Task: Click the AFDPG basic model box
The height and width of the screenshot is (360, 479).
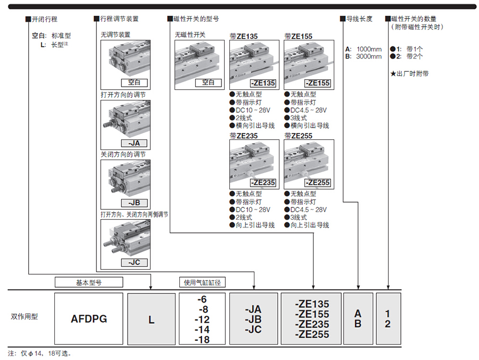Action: [x=89, y=319]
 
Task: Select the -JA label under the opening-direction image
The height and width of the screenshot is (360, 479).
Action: [x=134, y=143]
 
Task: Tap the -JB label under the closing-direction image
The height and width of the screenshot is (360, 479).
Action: [x=134, y=203]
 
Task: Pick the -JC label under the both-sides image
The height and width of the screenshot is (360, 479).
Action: [x=134, y=263]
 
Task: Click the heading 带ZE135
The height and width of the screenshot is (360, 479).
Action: [x=244, y=37]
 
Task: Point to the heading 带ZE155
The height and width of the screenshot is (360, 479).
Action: [x=299, y=37]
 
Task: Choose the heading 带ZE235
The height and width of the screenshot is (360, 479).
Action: [x=244, y=135]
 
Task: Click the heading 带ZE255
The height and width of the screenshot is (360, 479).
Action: [x=299, y=135]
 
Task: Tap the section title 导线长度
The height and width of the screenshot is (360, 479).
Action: [x=360, y=19]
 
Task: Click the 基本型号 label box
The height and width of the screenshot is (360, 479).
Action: [x=89, y=282]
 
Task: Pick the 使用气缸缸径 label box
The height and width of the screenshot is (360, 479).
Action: [x=202, y=282]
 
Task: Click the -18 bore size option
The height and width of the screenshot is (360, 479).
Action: [x=202, y=340]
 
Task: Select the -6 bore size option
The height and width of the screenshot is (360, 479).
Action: [x=202, y=299]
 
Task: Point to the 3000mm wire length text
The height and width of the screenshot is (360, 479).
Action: [x=369, y=56]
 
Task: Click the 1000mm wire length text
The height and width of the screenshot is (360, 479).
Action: [x=369, y=49]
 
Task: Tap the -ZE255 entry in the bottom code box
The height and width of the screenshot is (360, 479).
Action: [x=312, y=334]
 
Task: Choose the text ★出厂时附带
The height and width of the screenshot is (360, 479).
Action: [x=409, y=73]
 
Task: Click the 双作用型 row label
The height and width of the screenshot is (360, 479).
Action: [x=24, y=316]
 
